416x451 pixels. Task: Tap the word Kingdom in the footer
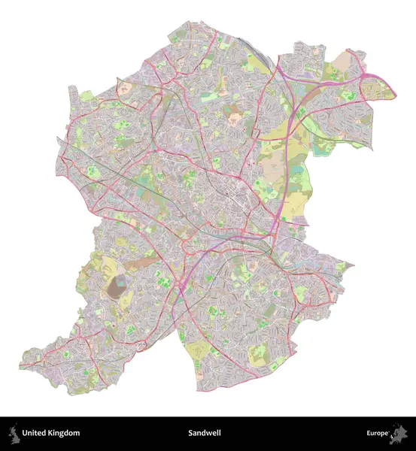[x=63, y=433]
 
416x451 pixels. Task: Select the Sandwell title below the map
[x=207, y=433]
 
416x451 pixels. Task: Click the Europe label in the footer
[x=377, y=433]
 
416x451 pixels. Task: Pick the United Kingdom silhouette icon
[x=13, y=433]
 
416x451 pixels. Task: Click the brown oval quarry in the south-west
[x=118, y=285]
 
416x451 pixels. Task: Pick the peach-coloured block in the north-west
[x=126, y=88]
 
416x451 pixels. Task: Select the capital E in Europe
[x=369, y=433]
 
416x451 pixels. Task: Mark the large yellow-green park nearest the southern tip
[x=197, y=350]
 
